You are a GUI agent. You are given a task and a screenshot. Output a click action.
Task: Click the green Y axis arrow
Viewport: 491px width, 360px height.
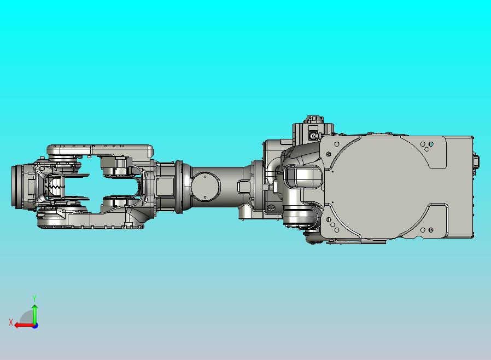[x=34, y=313]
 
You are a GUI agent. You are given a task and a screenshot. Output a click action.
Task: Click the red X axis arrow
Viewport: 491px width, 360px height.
[x=23, y=325]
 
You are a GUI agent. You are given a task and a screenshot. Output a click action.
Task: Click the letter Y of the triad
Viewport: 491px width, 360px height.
[x=34, y=298]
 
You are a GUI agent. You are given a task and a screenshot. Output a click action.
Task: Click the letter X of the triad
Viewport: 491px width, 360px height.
[x=11, y=323]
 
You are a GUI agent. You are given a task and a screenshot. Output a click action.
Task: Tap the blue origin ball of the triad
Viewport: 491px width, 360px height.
[x=35, y=326]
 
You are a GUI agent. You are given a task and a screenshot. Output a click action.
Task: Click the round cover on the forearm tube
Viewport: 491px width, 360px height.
[x=204, y=186]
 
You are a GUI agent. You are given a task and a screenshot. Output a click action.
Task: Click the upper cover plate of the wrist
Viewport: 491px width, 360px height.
[x=98, y=149]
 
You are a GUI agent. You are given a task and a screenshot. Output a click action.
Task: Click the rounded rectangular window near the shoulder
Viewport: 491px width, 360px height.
[x=303, y=177]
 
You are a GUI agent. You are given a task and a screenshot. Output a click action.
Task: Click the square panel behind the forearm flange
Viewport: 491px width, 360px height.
[x=165, y=186]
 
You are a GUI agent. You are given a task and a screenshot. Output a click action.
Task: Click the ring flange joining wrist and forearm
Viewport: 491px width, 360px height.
[x=179, y=186]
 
